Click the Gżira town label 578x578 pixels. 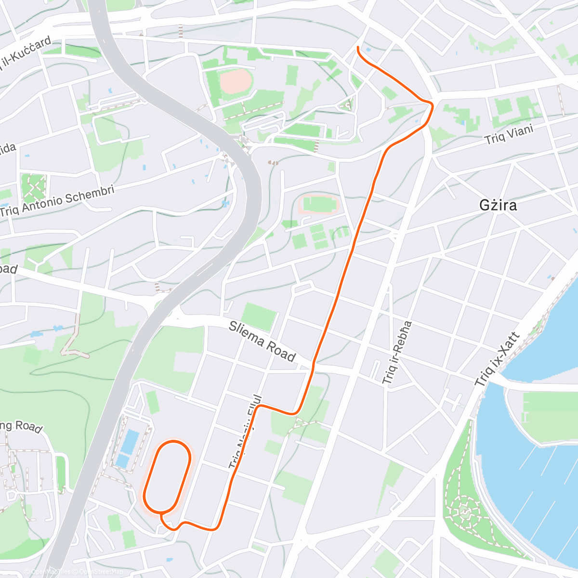point(498,206)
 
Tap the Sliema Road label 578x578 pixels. point(262,342)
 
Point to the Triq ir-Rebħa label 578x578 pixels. point(397,352)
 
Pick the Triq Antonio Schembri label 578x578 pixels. point(57,202)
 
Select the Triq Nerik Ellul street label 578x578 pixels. point(246,431)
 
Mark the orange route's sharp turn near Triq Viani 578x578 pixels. point(432,104)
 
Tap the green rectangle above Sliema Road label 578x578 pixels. point(260,316)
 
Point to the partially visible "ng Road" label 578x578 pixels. point(22,426)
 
